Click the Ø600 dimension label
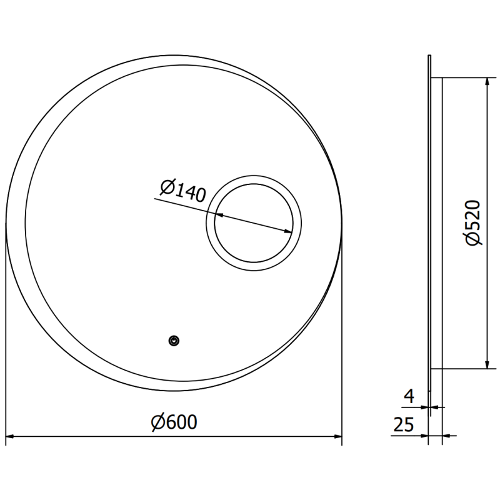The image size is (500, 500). (x=174, y=423)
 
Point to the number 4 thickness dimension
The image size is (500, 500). (x=410, y=395)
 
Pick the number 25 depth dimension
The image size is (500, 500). (x=405, y=425)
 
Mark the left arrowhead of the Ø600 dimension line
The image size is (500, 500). (x=10, y=436)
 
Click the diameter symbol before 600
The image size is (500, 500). (x=157, y=423)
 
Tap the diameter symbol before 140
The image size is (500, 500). (x=166, y=186)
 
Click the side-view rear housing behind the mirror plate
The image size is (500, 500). (x=436, y=223)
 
